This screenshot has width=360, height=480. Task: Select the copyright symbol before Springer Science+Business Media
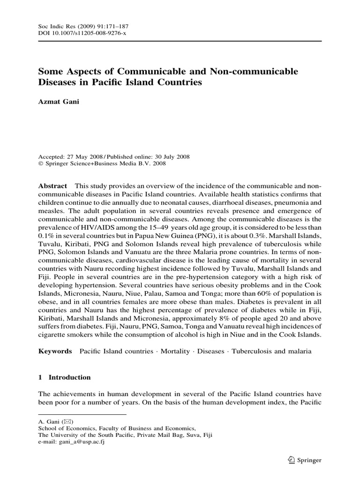coord(40,164)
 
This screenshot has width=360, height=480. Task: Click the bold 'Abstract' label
coord(52,186)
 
